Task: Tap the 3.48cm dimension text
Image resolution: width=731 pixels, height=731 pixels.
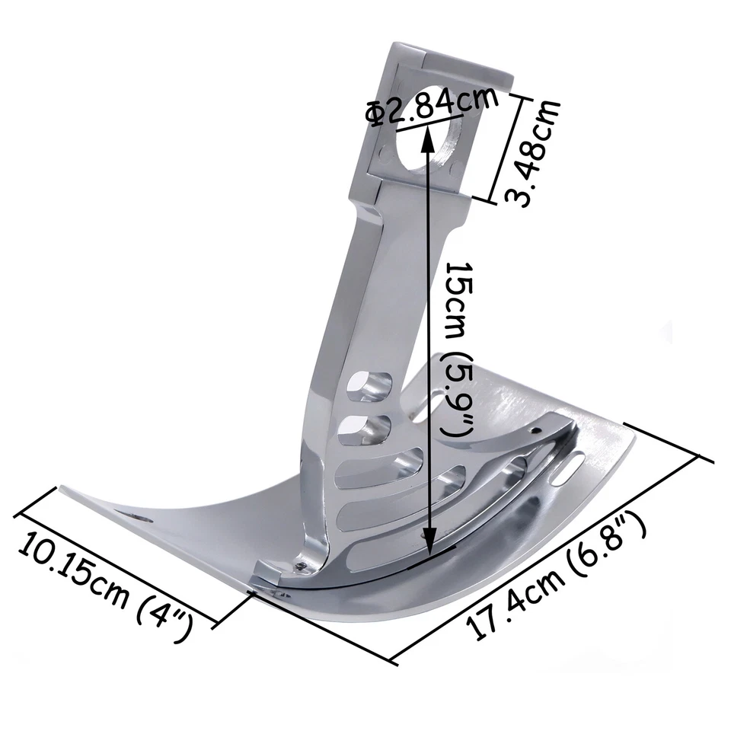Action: pos(534,152)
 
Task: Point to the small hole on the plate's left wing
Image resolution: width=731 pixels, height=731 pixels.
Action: pos(141,518)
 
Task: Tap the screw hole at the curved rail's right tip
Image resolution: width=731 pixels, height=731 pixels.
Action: pos(538,431)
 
